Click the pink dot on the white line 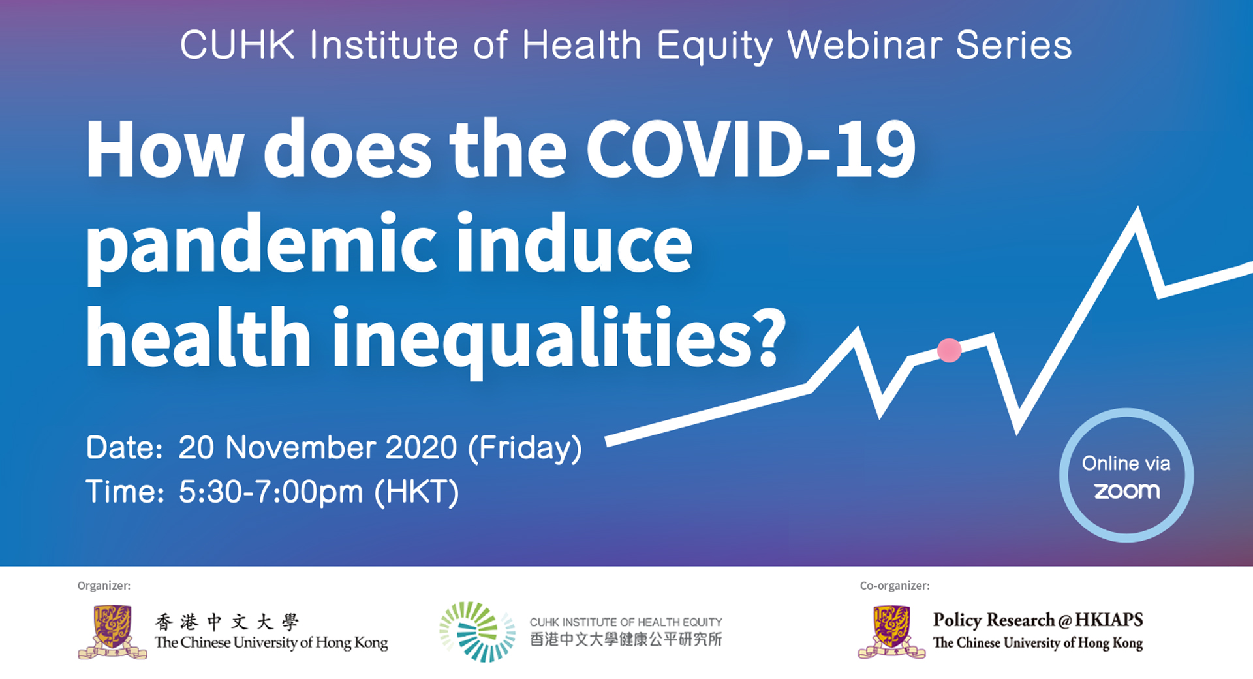pos(949,350)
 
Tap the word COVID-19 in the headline pos(751,149)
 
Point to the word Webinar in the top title pos(865,46)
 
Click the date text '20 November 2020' pos(318,448)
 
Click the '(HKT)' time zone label pos(417,492)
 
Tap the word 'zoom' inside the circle pos(1127,491)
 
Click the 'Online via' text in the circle pos(1126,463)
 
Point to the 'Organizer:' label pos(104,586)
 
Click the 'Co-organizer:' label pos(895,586)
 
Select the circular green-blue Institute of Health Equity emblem pos(477,631)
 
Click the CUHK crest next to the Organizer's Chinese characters pos(112,632)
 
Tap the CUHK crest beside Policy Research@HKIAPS pos(891,632)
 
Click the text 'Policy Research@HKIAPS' pos(1038,620)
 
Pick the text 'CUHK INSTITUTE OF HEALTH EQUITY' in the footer pos(626,622)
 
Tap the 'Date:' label pos(125,449)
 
